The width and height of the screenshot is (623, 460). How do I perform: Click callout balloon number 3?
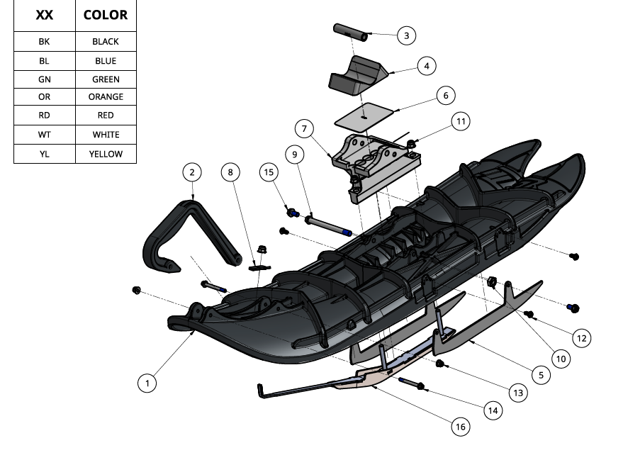coord(406,35)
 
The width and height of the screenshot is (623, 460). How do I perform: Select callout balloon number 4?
coord(426,67)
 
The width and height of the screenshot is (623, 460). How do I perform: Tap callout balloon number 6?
coord(445,95)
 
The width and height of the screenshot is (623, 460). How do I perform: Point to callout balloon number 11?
coord(461,122)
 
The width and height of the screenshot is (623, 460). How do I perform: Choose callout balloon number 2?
coord(192,172)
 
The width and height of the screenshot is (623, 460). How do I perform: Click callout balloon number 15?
coord(269,172)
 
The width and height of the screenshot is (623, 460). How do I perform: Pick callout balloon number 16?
coord(461,427)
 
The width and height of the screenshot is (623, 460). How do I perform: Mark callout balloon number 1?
coord(147,383)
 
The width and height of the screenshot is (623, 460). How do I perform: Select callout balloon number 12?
coord(580,339)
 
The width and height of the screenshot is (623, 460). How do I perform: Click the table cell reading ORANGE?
coord(106,96)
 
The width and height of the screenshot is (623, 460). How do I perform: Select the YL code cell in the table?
coord(44,154)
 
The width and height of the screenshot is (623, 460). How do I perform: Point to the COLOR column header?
coord(106,15)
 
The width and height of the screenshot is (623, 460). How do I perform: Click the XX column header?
coord(44,15)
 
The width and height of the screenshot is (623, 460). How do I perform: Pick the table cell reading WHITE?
coord(106,135)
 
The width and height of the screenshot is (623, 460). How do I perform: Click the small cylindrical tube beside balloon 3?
coord(349,31)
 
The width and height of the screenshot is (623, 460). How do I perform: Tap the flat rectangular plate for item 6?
coord(364,113)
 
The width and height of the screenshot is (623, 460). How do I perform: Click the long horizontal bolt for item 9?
coord(327,225)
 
